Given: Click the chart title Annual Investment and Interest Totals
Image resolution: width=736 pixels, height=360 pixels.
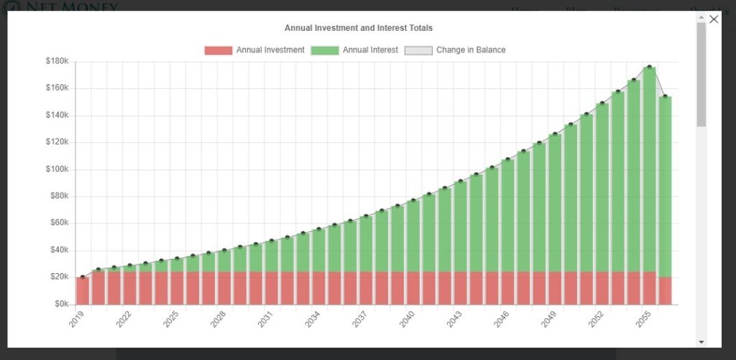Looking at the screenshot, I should (358, 28).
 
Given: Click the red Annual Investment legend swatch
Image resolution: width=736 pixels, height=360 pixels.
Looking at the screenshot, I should (218, 50).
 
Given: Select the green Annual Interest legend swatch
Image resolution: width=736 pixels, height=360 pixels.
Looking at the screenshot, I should (326, 50).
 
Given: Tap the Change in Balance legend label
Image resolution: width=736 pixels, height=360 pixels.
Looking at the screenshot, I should (470, 50).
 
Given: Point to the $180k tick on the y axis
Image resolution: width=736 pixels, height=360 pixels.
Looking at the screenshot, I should (56, 62).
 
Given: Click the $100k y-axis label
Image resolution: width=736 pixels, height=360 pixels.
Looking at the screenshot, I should (56, 170).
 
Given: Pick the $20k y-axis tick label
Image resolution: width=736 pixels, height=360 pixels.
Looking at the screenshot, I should (57, 277).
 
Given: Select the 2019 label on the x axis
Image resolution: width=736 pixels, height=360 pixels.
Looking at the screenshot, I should (77, 320).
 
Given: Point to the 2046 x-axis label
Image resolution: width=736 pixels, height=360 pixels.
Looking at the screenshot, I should (502, 320).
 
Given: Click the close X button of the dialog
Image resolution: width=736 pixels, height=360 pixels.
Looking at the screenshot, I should (714, 19).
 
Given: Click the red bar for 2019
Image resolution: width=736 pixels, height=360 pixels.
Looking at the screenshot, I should (83, 290).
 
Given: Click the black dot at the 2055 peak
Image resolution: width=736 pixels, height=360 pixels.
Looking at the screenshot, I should (650, 67).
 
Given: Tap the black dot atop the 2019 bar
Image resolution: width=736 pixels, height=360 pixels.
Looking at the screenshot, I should (83, 277).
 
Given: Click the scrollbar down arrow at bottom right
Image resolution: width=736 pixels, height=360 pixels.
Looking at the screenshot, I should (701, 341).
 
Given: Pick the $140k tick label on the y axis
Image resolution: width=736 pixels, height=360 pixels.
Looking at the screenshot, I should (56, 116).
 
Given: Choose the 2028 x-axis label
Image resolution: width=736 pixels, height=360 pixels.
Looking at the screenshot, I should (218, 320).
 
